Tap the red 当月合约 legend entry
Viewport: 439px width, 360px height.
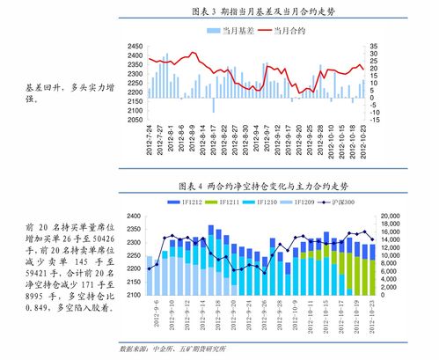(289, 31)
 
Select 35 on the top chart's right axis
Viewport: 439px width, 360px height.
(374, 45)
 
